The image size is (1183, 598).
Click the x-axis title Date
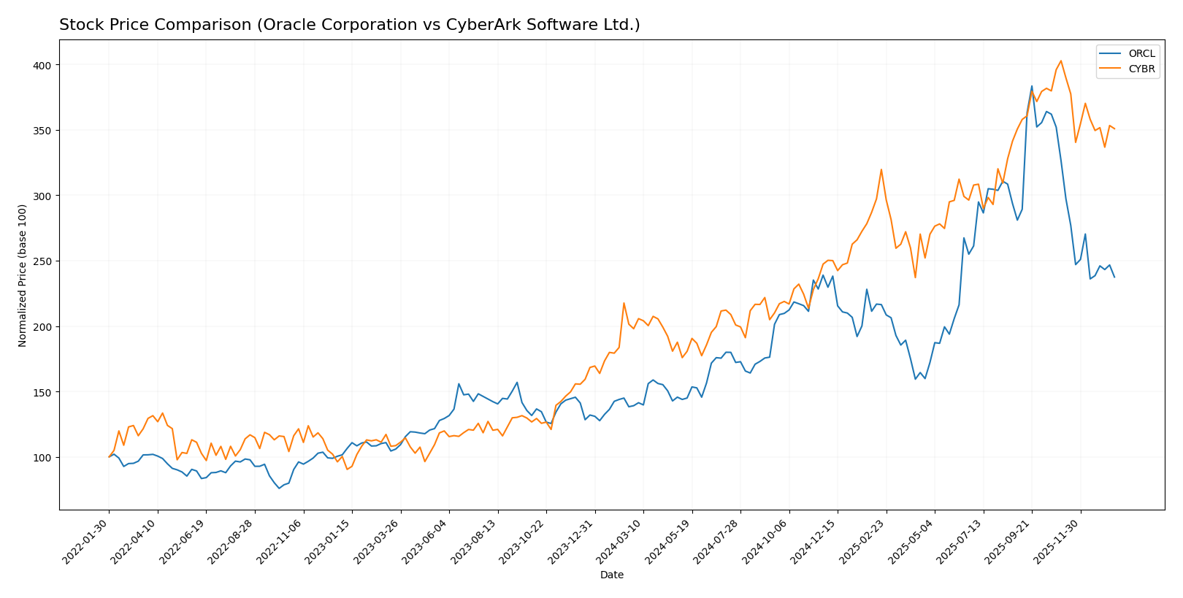(x=611, y=575)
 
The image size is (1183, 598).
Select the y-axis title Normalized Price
(x=23, y=275)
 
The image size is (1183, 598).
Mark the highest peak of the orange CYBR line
(x=1060, y=61)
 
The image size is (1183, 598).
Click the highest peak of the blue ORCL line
(x=1032, y=86)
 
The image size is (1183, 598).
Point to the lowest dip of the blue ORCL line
(x=279, y=488)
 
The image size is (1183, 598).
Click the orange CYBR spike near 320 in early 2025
(x=881, y=169)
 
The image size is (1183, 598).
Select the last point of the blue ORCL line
(x=1114, y=277)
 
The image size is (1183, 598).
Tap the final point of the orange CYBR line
(x=1114, y=129)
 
